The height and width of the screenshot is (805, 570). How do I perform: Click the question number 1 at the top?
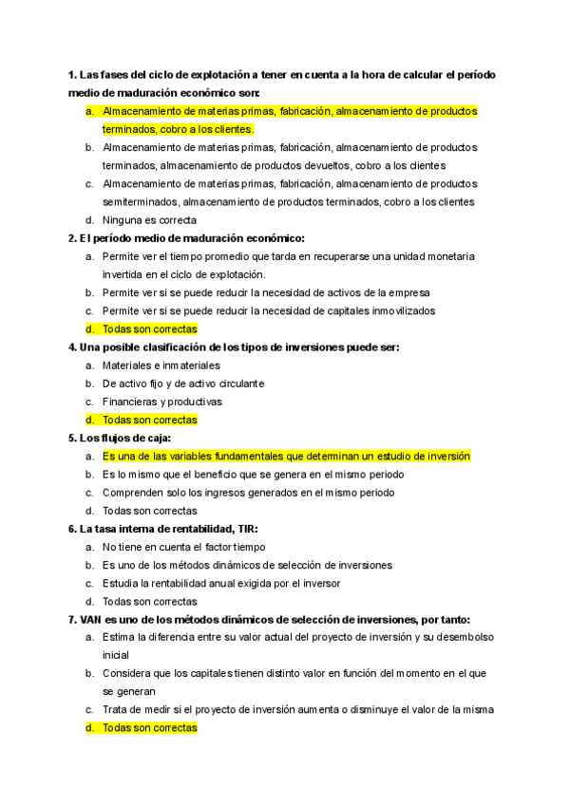tap(71, 75)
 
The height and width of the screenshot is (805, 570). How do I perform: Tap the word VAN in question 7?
tap(81, 619)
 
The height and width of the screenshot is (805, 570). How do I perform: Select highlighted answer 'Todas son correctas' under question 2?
tap(149, 328)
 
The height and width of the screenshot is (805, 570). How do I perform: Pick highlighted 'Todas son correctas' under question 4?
tap(149, 420)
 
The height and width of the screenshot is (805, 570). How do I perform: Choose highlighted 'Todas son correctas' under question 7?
tap(149, 728)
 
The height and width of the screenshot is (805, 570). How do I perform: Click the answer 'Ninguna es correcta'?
tap(149, 220)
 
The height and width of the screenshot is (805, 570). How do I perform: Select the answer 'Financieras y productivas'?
tap(161, 402)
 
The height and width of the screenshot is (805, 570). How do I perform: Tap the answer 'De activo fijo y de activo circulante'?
tap(183, 384)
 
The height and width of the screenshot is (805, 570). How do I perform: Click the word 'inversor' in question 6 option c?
tap(321, 583)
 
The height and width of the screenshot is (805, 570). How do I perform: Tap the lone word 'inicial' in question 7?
tap(115, 655)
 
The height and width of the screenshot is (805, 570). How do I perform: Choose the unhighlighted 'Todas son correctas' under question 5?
tap(149, 511)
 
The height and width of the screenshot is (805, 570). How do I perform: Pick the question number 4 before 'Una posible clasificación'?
tap(71, 347)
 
